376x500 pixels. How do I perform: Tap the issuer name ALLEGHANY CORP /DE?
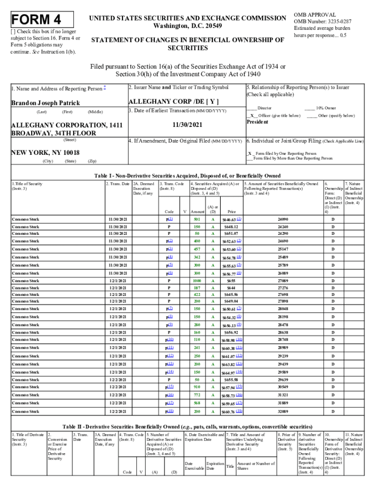[173, 102]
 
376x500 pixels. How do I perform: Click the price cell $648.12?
[231, 227]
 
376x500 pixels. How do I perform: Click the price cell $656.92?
[231, 332]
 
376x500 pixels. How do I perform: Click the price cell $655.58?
[231, 379]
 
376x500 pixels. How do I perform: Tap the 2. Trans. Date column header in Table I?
[118, 184]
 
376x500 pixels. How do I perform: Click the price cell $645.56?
[231, 294]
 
